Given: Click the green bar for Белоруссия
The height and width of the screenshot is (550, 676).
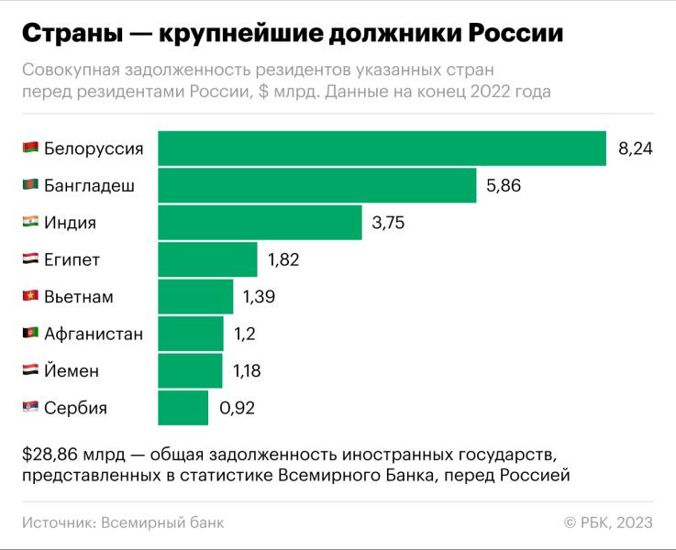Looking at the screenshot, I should tap(382, 148).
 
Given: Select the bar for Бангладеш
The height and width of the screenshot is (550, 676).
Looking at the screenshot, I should tap(317, 186).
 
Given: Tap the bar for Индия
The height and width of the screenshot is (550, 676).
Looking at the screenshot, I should tap(260, 223).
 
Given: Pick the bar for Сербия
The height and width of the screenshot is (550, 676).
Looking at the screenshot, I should tap(183, 408).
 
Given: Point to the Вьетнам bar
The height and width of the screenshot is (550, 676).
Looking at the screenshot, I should tap(195, 297).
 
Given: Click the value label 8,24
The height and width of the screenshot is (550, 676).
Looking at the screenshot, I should tap(635, 149).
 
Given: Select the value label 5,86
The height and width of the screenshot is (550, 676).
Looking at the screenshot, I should tap(504, 186).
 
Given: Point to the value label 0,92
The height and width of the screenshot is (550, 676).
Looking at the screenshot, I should tap(236, 409).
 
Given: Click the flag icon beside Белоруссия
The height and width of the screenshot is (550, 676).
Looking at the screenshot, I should tap(30, 148).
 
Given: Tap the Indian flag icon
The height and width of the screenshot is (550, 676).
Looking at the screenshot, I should tap(30, 223).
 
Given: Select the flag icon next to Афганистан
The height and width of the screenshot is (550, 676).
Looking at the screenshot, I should tap(30, 334).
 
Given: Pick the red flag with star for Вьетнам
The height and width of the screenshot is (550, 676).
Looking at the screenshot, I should tap(30, 297).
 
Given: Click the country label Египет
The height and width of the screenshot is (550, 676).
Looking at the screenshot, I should tap(72, 260).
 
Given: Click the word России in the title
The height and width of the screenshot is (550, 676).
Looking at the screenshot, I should tap(515, 34).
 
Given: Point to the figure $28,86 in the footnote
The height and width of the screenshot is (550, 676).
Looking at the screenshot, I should tap(45, 456).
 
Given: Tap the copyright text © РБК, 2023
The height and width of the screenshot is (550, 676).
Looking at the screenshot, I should tap(608, 522).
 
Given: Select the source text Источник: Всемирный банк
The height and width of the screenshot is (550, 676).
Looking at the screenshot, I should tap(122, 522).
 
